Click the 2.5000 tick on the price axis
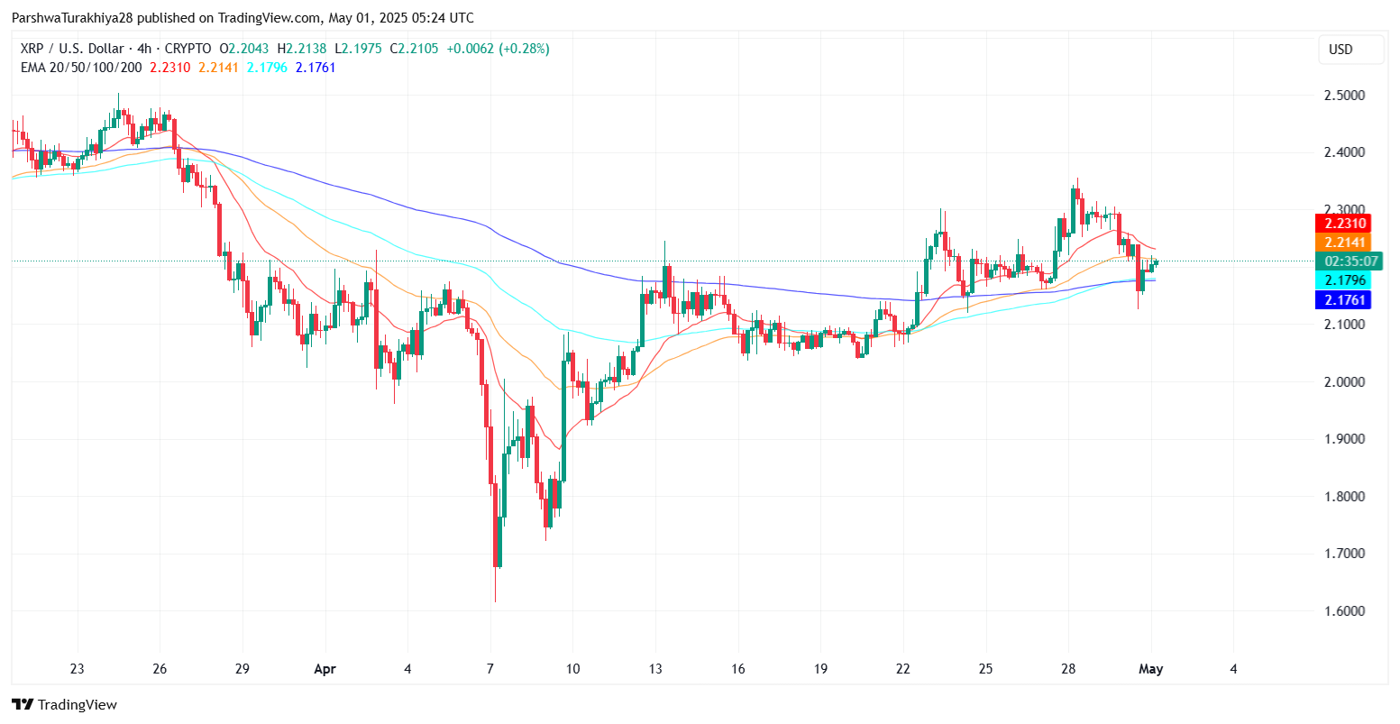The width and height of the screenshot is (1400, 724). pos(1344,95)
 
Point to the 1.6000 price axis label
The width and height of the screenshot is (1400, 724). pos(1344,610)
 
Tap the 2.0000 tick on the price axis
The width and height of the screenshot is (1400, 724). pos(1344,381)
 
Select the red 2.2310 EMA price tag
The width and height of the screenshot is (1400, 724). pos(1343,224)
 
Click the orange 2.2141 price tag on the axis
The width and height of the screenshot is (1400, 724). pos(1343,243)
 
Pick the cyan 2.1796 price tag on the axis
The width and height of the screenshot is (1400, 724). pos(1343,280)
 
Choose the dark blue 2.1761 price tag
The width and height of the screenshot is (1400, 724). pos(1343,299)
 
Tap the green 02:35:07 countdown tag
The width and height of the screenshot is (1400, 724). pos(1350,261)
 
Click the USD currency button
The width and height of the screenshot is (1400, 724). pos(1341,50)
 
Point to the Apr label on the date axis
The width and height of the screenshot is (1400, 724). pos(325,669)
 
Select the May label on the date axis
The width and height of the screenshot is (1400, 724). pos(1151,669)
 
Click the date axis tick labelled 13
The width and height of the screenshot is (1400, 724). pos(655,669)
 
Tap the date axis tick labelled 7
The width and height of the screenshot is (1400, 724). pos(490,669)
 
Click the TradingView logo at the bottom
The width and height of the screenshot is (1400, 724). pos(65,704)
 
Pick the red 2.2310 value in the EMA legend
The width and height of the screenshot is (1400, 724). pos(169,67)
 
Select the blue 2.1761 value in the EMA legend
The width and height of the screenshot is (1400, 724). pos(316,67)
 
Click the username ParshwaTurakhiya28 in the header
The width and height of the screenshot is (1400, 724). pos(72,18)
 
